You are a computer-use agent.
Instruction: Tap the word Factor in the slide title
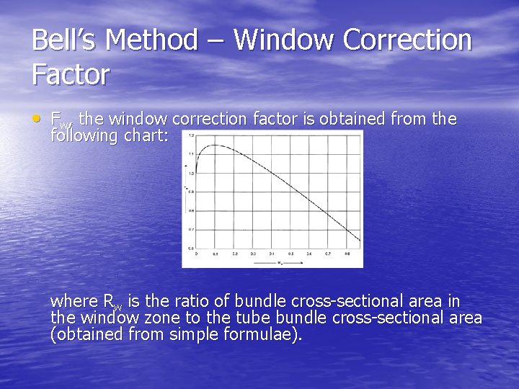(71, 74)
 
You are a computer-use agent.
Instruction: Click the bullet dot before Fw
(37, 118)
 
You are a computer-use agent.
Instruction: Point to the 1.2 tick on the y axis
(191, 135)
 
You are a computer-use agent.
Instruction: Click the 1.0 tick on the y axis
(191, 173)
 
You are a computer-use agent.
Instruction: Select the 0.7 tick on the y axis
(191, 230)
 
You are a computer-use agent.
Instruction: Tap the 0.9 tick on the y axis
(191, 192)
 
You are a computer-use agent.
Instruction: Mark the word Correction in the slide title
(408, 40)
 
